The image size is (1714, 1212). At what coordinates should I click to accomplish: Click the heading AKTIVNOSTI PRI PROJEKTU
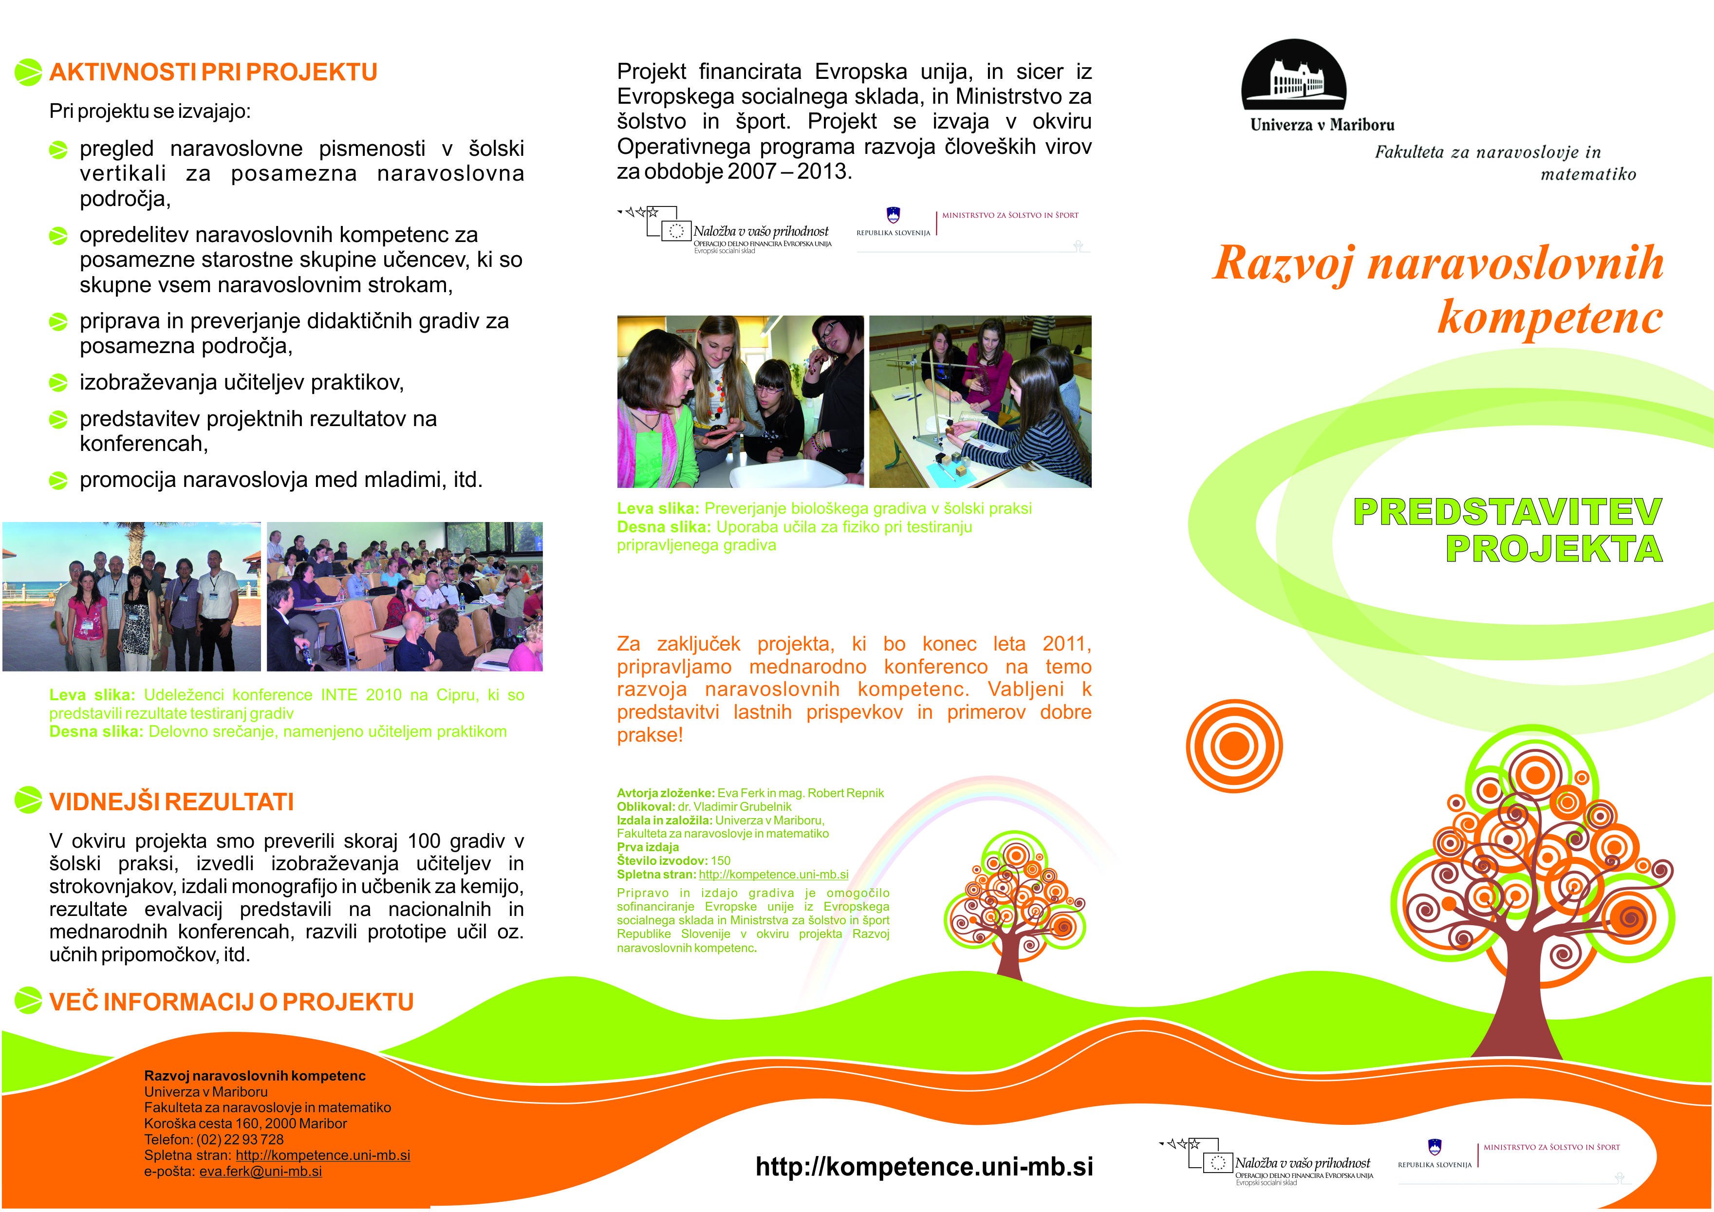click(213, 73)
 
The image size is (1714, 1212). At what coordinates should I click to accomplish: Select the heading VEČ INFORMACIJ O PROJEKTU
click(231, 1002)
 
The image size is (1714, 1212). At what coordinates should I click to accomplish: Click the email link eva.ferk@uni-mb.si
click(261, 1172)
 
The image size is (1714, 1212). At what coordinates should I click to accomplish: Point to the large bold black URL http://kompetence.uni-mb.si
click(924, 1167)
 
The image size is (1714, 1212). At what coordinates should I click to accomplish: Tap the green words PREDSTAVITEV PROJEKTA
click(1508, 530)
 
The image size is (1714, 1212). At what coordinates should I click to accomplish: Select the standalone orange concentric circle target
click(1234, 746)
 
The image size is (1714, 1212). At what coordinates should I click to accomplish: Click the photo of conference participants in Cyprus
click(132, 597)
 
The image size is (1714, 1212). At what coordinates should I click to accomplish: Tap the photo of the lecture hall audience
click(405, 597)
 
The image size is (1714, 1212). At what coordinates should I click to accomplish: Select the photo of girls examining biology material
click(740, 402)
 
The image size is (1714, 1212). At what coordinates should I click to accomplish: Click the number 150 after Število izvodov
click(720, 860)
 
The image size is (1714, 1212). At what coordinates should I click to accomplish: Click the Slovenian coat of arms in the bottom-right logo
click(1434, 1146)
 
